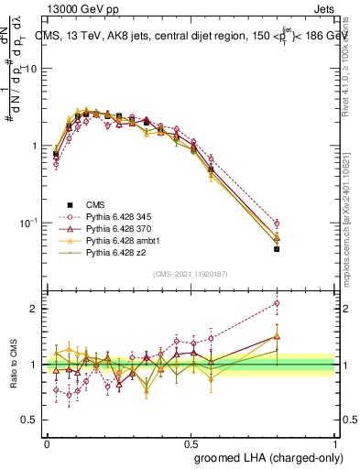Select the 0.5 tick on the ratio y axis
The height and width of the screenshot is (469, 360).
click(x=33, y=420)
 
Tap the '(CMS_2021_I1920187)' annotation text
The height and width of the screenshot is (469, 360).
click(x=191, y=274)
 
